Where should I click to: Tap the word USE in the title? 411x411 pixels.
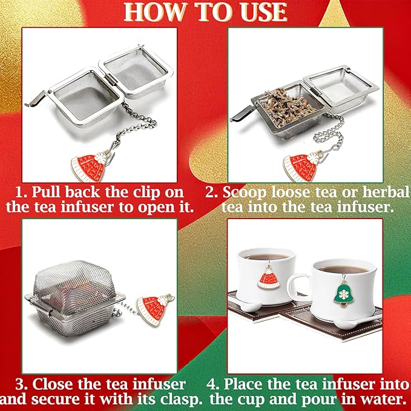coord(260,12)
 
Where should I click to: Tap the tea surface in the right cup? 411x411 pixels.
coord(342,269)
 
